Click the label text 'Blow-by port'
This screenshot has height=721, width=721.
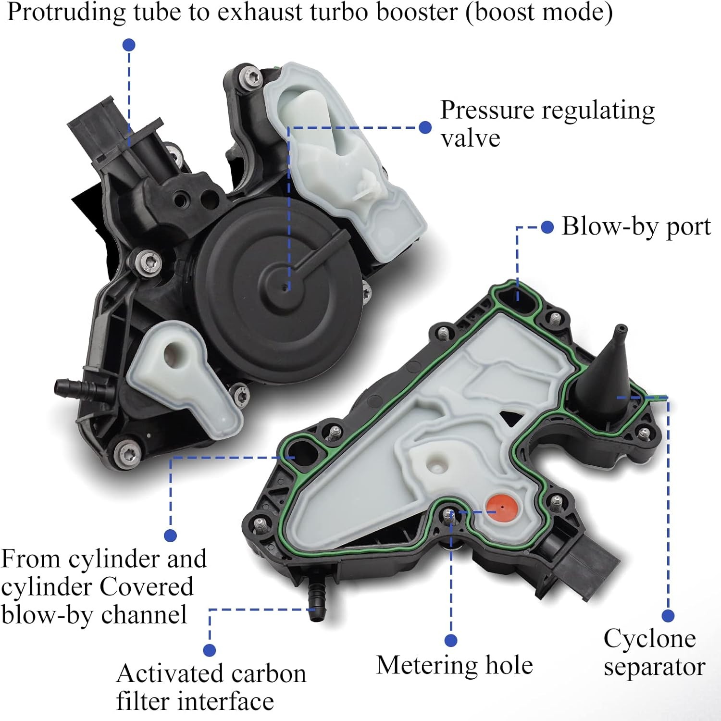pyautogui.click(x=636, y=226)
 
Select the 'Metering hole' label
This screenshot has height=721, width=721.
pyautogui.click(x=454, y=665)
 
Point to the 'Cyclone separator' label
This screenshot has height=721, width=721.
pyautogui.click(x=654, y=653)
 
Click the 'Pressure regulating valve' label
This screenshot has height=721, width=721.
pyautogui.click(x=547, y=124)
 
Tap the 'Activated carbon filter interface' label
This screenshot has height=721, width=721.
pyautogui.click(x=211, y=687)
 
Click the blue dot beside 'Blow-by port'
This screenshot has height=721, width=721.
pyautogui.click(x=547, y=227)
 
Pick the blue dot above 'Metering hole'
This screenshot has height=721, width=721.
pyautogui.click(x=451, y=640)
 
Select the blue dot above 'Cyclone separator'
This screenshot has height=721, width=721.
pyautogui.click(x=668, y=616)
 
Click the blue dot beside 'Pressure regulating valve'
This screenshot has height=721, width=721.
pyautogui.click(x=425, y=127)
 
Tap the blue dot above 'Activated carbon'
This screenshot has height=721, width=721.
pyautogui.click(x=210, y=650)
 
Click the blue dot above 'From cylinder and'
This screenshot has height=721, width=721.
pyautogui.click(x=170, y=535)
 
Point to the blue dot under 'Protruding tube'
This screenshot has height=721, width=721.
pyautogui.click(x=129, y=45)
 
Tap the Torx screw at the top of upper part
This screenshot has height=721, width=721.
pyautogui.click(x=250, y=77)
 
